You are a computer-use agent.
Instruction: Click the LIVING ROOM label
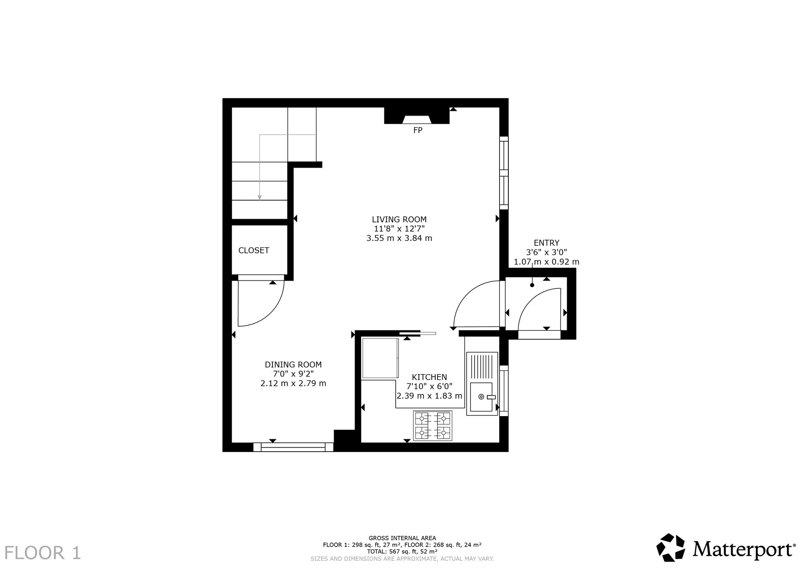pos(399,220)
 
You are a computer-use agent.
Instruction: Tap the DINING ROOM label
pos(293,365)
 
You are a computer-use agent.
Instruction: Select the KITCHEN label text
pos(429,377)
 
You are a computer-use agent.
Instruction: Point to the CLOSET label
pos(254,250)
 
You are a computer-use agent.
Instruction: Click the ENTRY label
pos(546,243)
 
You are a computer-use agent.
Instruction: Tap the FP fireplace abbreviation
pos(418,130)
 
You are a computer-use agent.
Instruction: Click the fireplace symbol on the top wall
pos(417,116)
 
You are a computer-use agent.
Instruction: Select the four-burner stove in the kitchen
pos(432,426)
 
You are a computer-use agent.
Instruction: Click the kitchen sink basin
pos(481,397)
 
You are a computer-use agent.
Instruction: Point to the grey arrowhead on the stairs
pos(260,197)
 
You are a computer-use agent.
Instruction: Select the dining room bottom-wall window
pos(293,447)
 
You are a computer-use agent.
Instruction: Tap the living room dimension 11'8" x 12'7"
pos(399,229)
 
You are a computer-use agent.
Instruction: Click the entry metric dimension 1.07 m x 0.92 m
pos(546,262)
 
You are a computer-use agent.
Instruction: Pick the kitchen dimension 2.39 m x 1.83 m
pos(429,396)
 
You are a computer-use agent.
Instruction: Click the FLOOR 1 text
pos(43,553)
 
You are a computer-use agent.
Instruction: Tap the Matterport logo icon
pos(671,547)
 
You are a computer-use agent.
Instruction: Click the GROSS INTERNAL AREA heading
pos(402,538)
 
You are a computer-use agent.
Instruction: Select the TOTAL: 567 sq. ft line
pos(402,551)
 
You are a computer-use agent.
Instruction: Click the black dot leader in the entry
pos(532,285)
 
